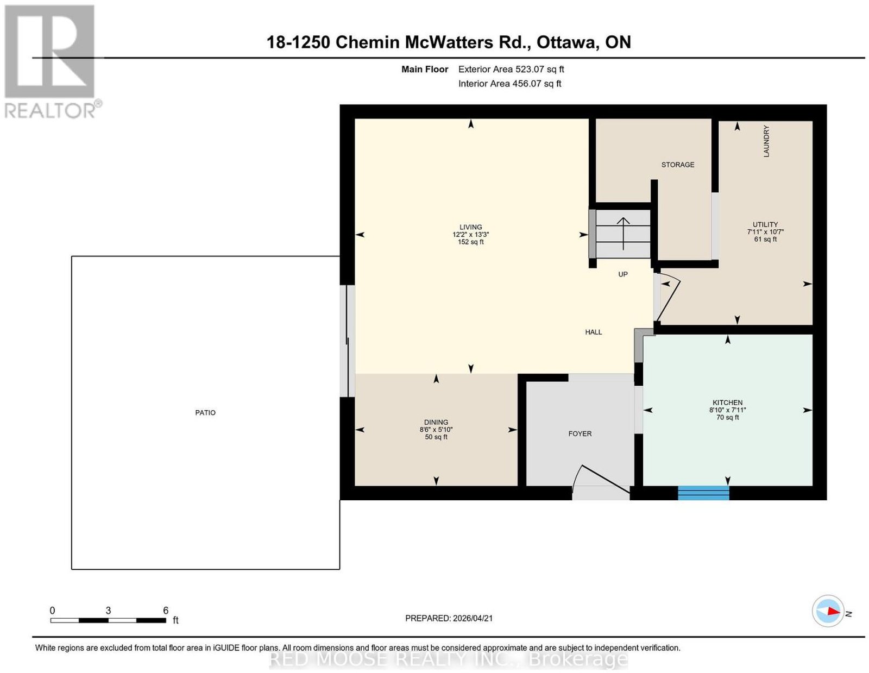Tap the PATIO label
(205, 412)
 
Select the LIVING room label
(470, 227)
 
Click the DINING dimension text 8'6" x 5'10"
(436, 430)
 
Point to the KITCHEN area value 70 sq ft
(727, 417)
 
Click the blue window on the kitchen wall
(703, 493)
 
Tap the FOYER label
(580, 433)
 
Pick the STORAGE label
(677, 165)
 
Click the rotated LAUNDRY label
(766, 141)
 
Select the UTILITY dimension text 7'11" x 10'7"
(765, 231)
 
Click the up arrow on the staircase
(622, 234)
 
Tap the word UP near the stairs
(622, 274)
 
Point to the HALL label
(594, 332)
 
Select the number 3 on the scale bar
(108, 611)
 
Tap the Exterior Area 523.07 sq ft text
(511, 69)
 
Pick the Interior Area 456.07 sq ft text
(509, 84)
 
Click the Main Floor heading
(424, 69)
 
